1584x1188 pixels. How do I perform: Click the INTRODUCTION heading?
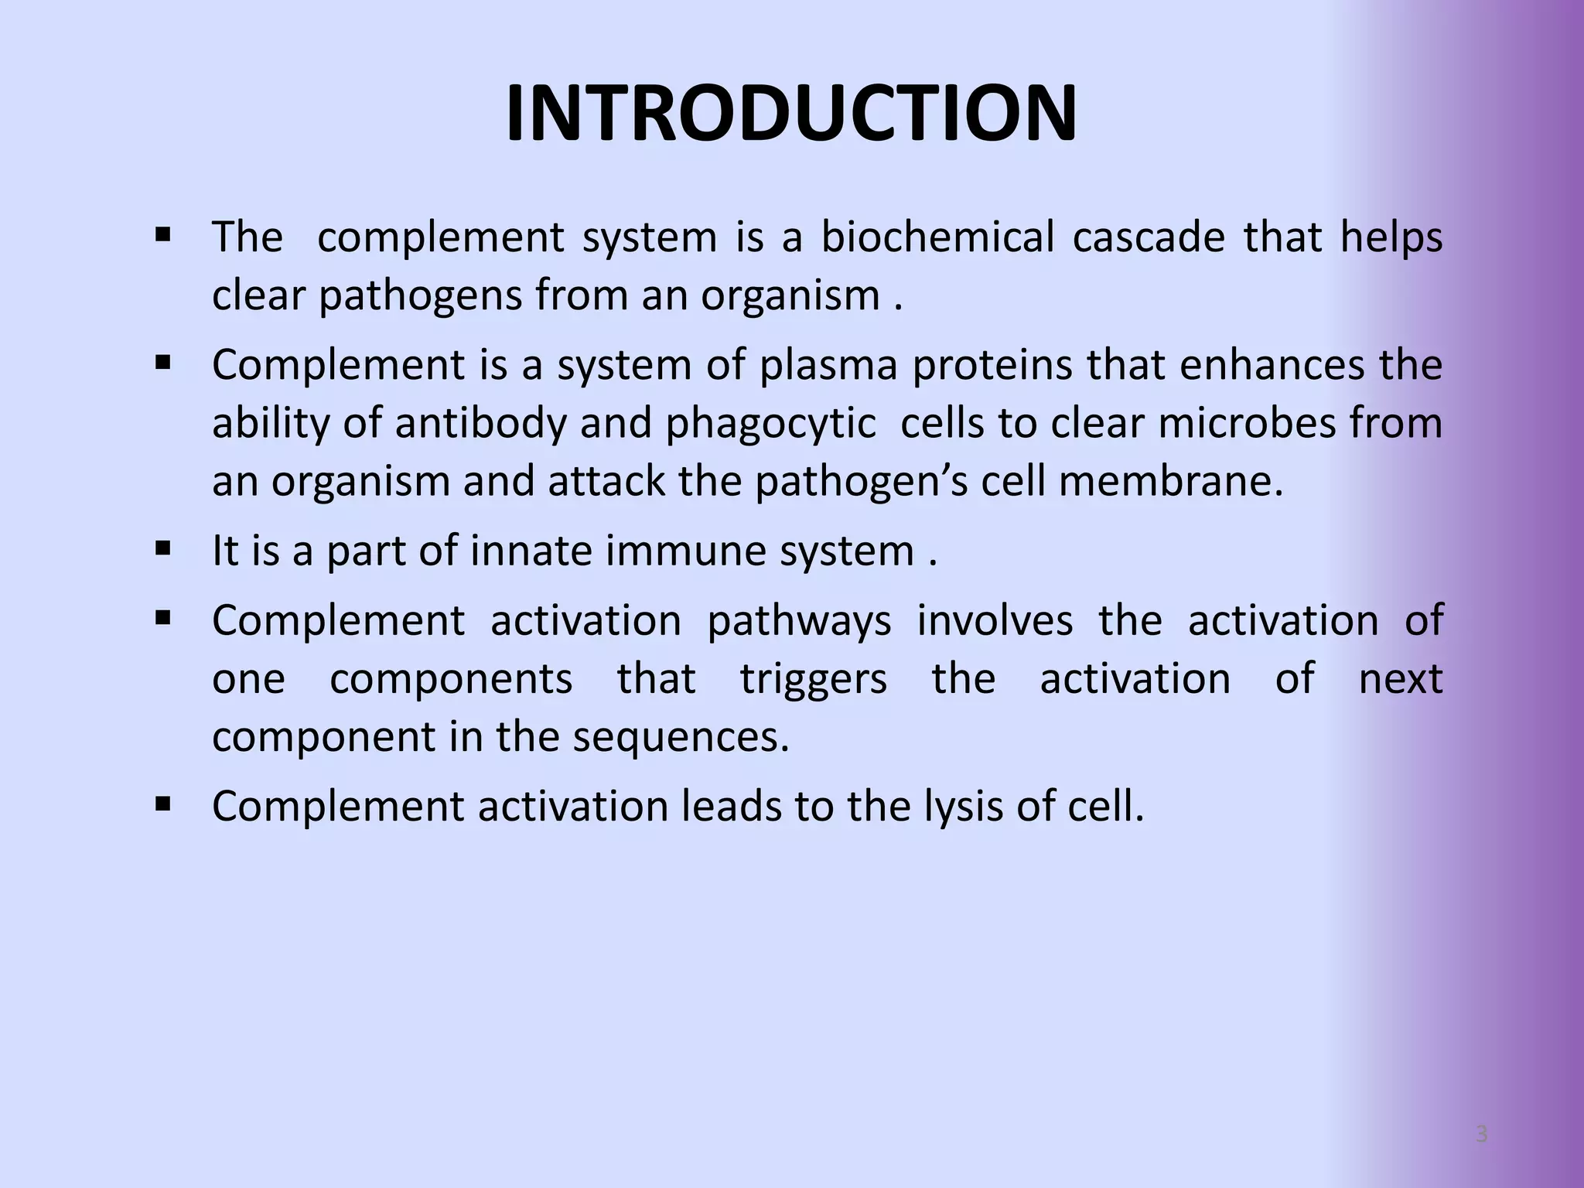(x=791, y=114)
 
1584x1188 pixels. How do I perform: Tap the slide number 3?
(x=1481, y=1135)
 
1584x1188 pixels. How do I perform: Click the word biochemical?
(x=937, y=237)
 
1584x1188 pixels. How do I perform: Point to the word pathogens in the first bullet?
(x=421, y=296)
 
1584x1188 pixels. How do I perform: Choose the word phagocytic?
(x=770, y=424)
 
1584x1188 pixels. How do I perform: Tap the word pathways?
(x=799, y=621)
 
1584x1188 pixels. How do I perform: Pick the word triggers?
(x=813, y=679)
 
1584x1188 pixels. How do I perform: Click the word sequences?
(x=681, y=737)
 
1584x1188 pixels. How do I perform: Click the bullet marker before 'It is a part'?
(x=162, y=550)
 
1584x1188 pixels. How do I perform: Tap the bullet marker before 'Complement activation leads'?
(x=162, y=805)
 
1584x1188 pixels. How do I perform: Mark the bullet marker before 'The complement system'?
(x=162, y=234)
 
